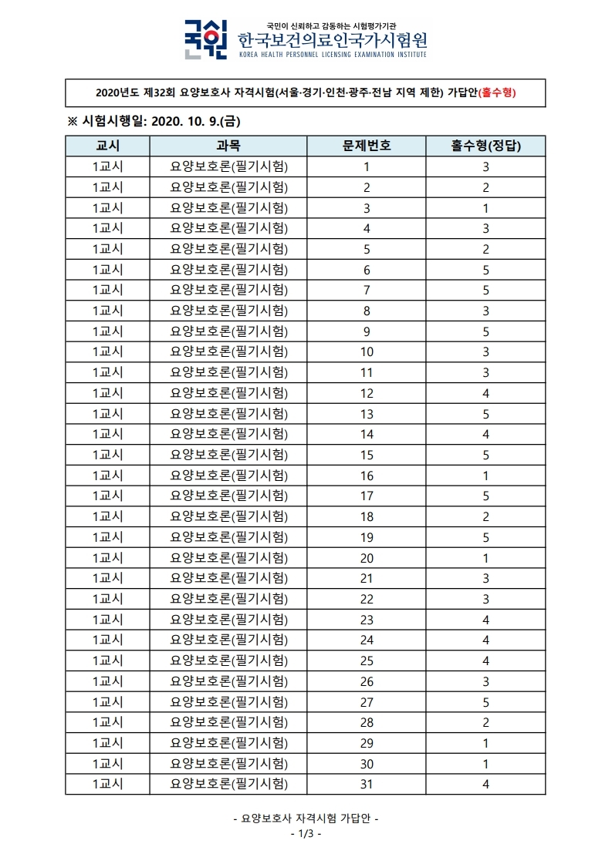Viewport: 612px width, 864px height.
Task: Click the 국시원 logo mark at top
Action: pyautogui.click(x=205, y=39)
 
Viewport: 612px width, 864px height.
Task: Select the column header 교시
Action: pyautogui.click(x=107, y=146)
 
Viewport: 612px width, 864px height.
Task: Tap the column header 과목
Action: pyautogui.click(x=228, y=146)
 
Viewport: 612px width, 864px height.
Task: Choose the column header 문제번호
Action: pyautogui.click(x=367, y=146)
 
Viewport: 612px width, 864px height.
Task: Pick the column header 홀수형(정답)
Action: pyautogui.click(x=485, y=146)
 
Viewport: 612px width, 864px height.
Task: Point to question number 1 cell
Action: pyautogui.click(x=367, y=166)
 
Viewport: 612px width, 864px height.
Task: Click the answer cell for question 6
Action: pyautogui.click(x=485, y=269)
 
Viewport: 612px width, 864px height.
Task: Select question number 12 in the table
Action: pyautogui.click(x=367, y=392)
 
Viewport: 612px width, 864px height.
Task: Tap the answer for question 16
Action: pyautogui.click(x=485, y=475)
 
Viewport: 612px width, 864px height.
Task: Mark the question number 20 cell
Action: pyautogui.click(x=367, y=557)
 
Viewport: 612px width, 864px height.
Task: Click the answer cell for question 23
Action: pyautogui.click(x=485, y=619)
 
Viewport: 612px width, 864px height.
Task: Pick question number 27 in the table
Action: pyautogui.click(x=367, y=701)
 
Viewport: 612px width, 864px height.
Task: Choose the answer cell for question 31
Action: pyautogui.click(x=485, y=784)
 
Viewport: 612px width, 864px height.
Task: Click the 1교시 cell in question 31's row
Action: pyautogui.click(x=107, y=784)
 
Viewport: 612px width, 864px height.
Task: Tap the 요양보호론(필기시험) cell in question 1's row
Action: pyautogui.click(x=228, y=166)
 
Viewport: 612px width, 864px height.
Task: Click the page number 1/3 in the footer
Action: pyautogui.click(x=306, y=834)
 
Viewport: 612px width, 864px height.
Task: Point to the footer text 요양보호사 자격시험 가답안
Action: pyautogui.click(x=306, y=819)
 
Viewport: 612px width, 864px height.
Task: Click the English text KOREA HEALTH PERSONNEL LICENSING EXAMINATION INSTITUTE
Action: pyautogui.click(x=332, y=55)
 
